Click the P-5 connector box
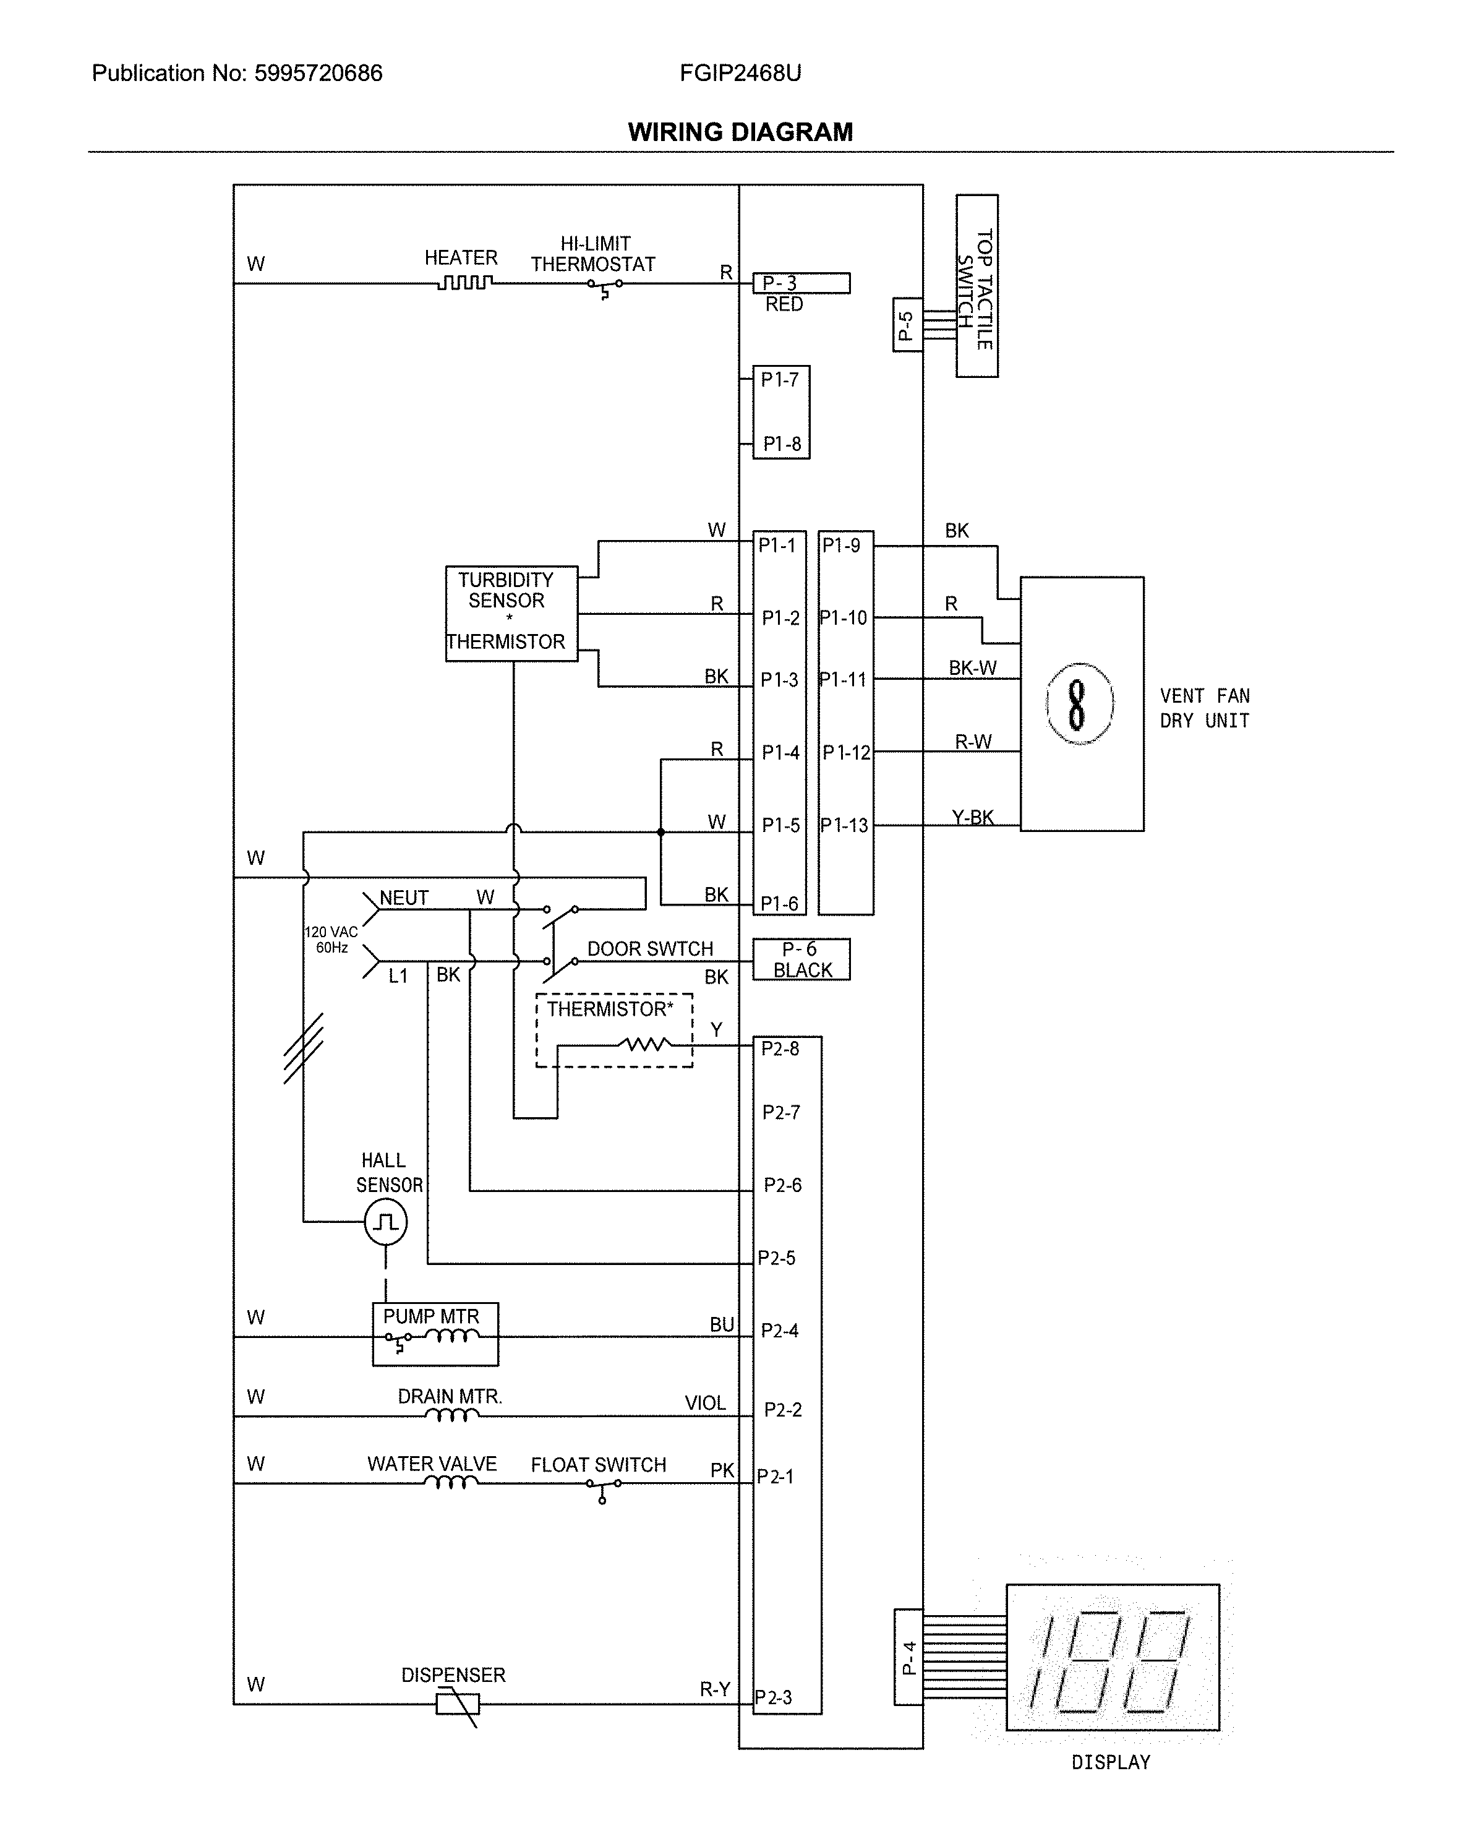click(907, 325)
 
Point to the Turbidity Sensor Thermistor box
click(511, 613)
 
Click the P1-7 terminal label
click(779, 380)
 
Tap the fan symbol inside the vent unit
click(1079, 704)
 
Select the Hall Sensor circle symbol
click(386, 1222)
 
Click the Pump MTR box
click(435, 1334)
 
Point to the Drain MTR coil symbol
click(451, 1417)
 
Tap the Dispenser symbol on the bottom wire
click(458, 1705)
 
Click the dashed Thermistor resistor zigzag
click(645, 1044)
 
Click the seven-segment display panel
click(1112, 1658)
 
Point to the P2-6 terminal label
click(782, 1185)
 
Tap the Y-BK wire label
click(972, 818)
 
